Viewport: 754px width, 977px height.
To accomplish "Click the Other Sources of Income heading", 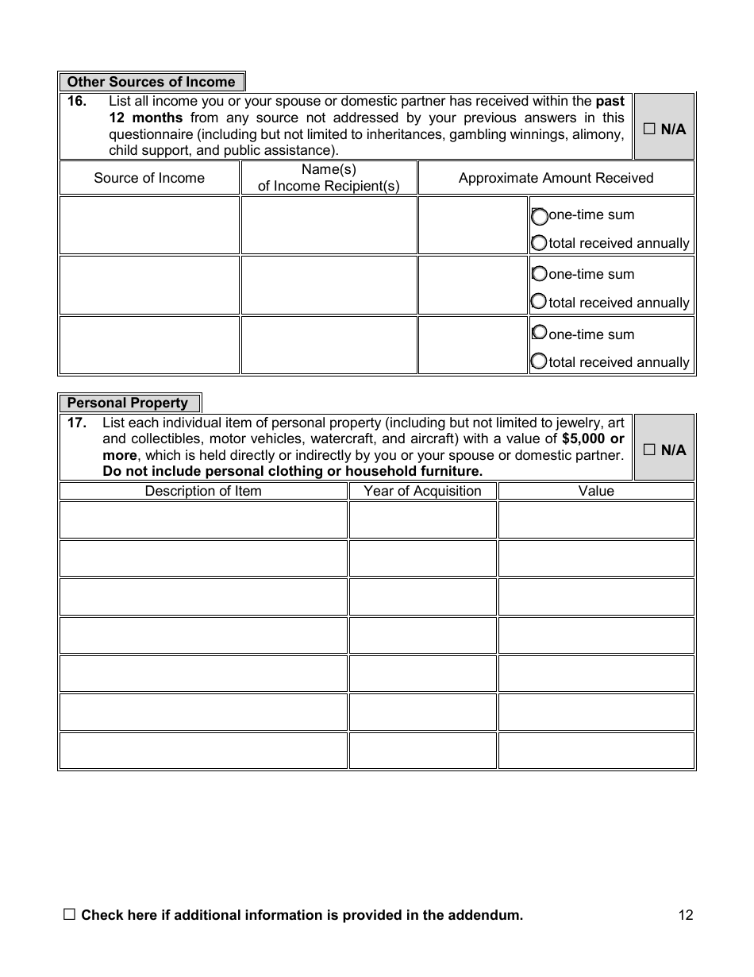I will [151, 82].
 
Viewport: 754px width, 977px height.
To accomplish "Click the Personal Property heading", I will [128, 403].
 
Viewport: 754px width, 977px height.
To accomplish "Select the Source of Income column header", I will [149, 178].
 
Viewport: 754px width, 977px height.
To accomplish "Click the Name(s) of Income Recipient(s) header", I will [329, 178].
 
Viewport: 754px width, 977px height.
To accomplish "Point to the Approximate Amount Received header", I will [556, 178].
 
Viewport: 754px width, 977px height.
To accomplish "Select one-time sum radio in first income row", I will [539, 216].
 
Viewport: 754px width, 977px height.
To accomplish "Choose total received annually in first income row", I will [539, 243].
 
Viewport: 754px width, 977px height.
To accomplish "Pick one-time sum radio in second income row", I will [539, 274].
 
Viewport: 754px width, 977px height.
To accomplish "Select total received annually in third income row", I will [539, 361].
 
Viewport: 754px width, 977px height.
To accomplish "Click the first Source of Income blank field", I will [149, 226].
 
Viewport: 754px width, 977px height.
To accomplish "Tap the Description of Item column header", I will [203, 491].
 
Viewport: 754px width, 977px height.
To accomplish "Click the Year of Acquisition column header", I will [422, 491].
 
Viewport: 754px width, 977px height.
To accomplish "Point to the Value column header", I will [596, 491].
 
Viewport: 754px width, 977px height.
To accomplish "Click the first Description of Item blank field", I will [203, 519].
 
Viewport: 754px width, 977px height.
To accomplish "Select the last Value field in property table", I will [596, 751].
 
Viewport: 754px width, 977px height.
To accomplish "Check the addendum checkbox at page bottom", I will [69, 914].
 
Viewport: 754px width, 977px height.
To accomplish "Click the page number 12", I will [686, 915].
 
